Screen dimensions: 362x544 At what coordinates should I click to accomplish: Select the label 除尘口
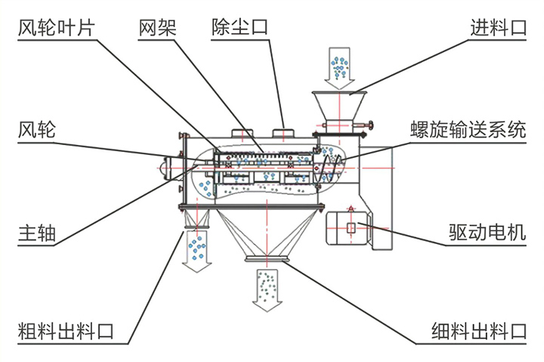click(x=240, y=29)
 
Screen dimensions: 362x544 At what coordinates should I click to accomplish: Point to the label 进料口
click(x=498, y=29)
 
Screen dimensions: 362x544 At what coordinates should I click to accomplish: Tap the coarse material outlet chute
click(x=199, y=220)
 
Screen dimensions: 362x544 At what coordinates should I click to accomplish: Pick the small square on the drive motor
click(x=351, y=227)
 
